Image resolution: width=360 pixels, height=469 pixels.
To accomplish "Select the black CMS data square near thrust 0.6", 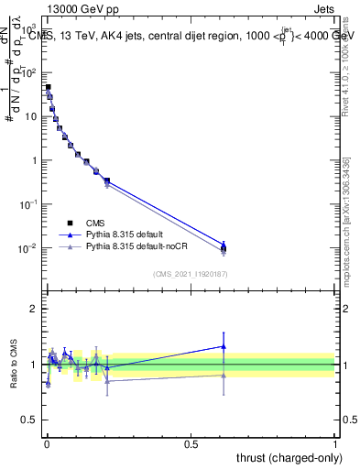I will [x=224, y=248].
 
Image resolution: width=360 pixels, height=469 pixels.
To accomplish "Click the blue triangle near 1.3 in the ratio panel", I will [x=224, y=346].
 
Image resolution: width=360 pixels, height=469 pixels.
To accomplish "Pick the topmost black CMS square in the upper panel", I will [x=48, y=88].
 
